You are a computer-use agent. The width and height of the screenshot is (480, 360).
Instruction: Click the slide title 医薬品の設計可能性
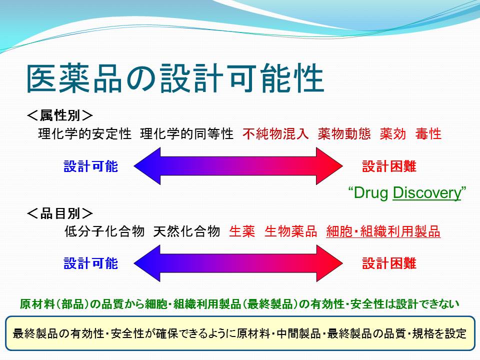point(175,78)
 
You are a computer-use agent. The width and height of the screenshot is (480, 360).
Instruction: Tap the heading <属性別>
point(60,115)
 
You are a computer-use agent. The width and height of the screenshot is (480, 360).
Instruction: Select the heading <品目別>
point(60,213)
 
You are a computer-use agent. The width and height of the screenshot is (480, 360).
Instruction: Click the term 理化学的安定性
point(85,134)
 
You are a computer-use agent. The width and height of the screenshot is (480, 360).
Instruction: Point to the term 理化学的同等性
point(186,134)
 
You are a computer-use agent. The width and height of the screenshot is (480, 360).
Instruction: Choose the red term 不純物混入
point(275,134)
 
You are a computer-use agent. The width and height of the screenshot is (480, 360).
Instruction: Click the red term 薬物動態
point(344,134)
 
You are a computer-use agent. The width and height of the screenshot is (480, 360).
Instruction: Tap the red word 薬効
point(393,134)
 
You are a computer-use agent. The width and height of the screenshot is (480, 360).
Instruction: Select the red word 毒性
point(428,134)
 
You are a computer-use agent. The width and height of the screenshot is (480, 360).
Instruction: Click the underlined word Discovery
point(427,193)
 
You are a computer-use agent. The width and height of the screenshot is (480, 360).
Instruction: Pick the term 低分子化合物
point(104,231)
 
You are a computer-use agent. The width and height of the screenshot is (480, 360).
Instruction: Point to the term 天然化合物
point(186,231)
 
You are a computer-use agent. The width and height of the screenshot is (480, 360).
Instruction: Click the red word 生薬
point(242,231)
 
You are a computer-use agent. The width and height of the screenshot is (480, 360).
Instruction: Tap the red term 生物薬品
point(291,231)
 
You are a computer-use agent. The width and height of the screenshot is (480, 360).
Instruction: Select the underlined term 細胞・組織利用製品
point(383,231)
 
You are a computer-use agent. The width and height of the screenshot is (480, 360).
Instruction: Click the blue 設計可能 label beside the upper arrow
point(90,166)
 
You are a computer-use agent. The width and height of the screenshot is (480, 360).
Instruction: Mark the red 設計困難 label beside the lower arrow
point(389,263)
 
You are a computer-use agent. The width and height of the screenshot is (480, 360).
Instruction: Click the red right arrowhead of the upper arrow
point(329,166)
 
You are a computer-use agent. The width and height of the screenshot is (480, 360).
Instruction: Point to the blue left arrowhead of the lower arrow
point(147,263)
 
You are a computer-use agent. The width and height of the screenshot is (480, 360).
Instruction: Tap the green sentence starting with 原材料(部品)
point(239,304)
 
